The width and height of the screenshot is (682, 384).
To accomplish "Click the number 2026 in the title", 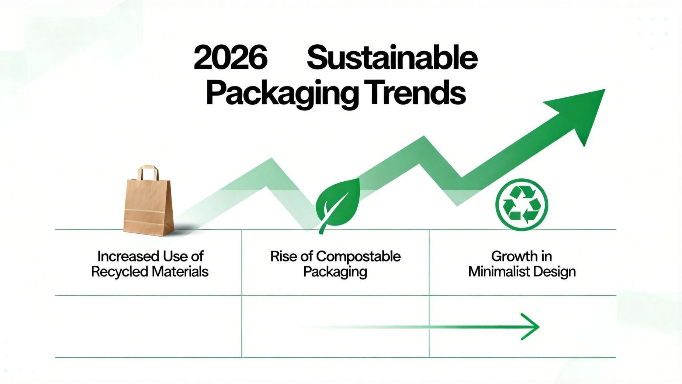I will (230, 58).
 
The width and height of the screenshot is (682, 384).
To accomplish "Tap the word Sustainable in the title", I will (392, 58).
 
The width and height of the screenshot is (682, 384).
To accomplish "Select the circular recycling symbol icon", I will (522, 205).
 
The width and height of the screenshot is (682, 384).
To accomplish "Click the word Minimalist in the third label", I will (499, 272).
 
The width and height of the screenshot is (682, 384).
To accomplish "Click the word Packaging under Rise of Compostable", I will (335, 272).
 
